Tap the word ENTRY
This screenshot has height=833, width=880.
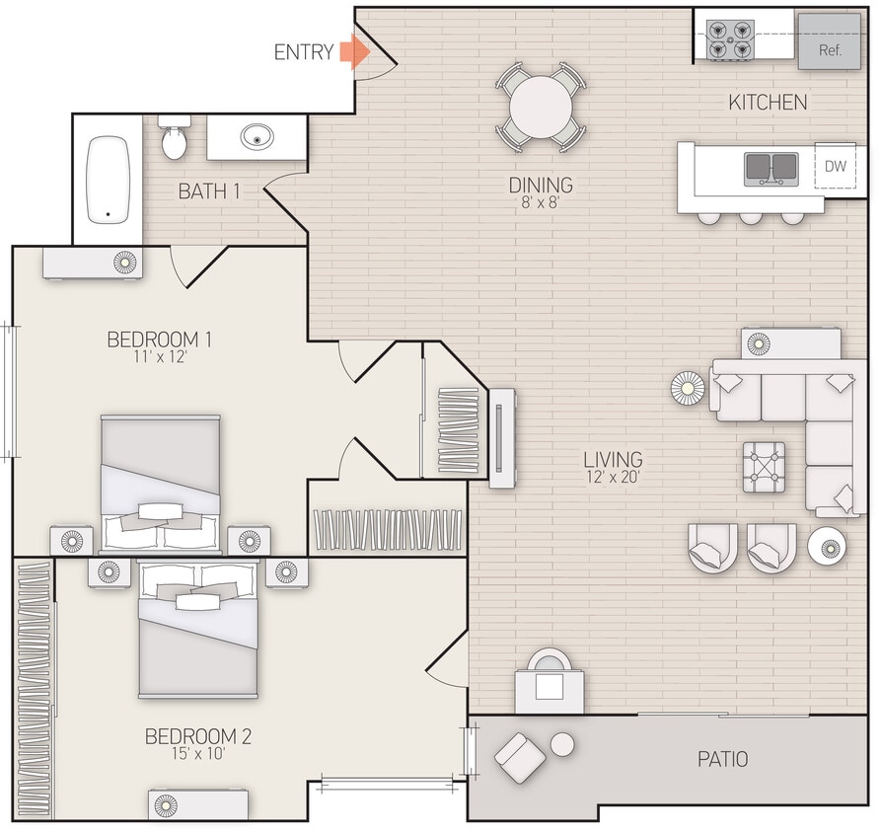303,53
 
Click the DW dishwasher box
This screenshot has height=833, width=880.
835,167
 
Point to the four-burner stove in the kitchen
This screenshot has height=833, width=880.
730,40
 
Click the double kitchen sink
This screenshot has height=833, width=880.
771,168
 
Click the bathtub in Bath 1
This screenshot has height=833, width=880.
109,179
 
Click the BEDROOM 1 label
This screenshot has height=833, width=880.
160,340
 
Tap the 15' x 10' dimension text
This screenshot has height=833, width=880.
198,755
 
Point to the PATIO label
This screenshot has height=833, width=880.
722,759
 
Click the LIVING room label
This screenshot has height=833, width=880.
613,459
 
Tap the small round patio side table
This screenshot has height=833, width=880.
562,744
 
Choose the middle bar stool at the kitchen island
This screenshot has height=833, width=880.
751,216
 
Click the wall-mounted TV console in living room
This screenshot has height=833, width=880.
502,438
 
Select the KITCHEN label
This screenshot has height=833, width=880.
768,102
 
